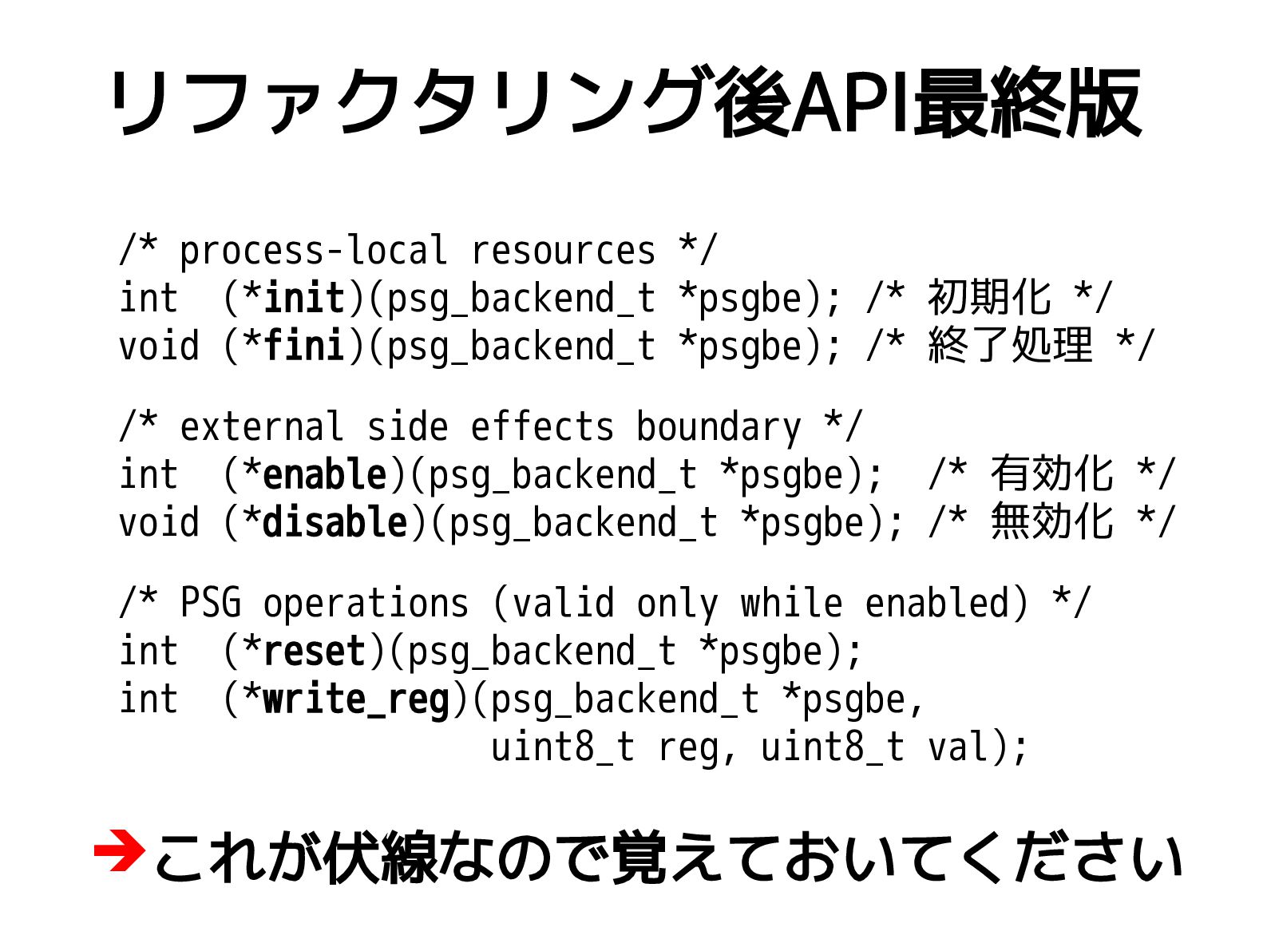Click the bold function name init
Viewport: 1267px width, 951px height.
(x=303, y=299)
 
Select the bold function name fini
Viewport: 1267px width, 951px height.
(x=303, y=347)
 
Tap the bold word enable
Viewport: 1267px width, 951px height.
(x=324, y=475)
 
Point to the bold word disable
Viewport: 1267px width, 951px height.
(x=335, y=523)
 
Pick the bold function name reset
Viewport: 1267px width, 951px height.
(x=314, y=652)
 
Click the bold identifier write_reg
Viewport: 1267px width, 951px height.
(x=355, y=700)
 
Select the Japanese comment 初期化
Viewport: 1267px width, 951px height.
(x=989, y=298)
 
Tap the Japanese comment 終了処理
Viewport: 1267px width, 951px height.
(x=1010, y=346)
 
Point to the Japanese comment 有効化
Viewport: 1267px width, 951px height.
(x=1051, y=474)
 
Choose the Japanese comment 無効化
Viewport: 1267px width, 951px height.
(x=1051, y=522)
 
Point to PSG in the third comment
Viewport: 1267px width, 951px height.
(x=210, y=603)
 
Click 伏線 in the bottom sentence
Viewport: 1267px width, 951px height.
(x=382, y=858)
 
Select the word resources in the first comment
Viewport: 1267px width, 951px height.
(x=563, y=251)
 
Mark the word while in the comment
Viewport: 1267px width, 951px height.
(x=791, y=603)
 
